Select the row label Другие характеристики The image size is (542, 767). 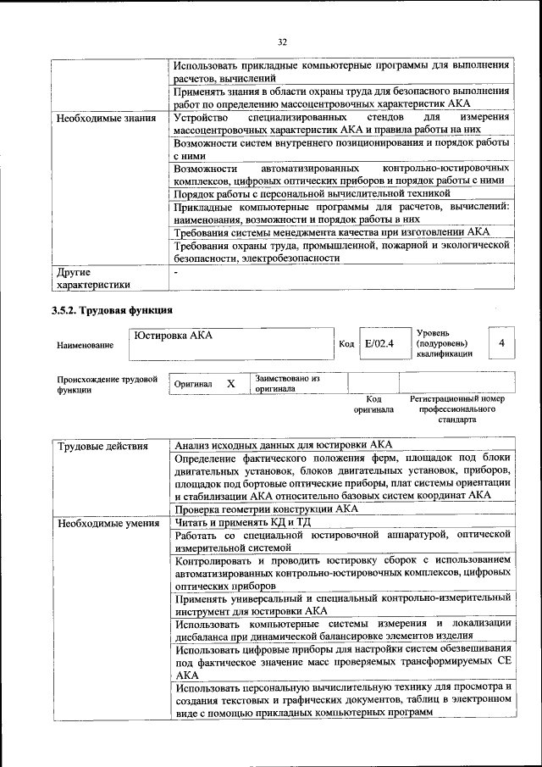(91, 279)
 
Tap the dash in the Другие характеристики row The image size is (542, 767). (175, 273)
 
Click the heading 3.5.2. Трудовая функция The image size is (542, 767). (112, 310)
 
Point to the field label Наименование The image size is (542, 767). (85, 346)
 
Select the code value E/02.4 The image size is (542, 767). (379, 343)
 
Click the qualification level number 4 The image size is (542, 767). (502, 343)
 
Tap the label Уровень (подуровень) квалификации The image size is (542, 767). (444, 343)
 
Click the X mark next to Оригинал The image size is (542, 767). (230, 384)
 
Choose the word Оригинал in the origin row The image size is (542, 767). (193, 384)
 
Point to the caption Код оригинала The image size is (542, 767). (373, 404)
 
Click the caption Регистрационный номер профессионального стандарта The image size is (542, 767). (456, 409)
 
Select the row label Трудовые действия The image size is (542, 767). (102, 446)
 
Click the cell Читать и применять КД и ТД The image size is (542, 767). (239, 523)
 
